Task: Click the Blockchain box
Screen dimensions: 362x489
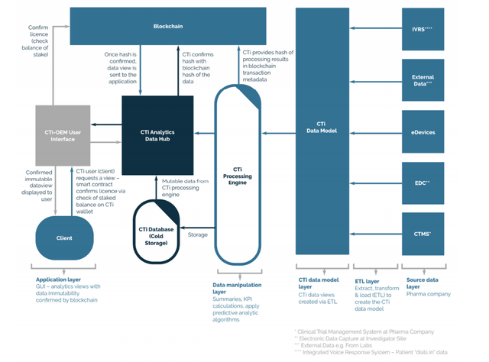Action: pyautogui.click(x=167, y=26)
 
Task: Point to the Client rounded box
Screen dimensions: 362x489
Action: pyautogui.click(x=64, y=238)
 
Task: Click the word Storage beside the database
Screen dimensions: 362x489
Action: pyautogui.click(x=198, y=234)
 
